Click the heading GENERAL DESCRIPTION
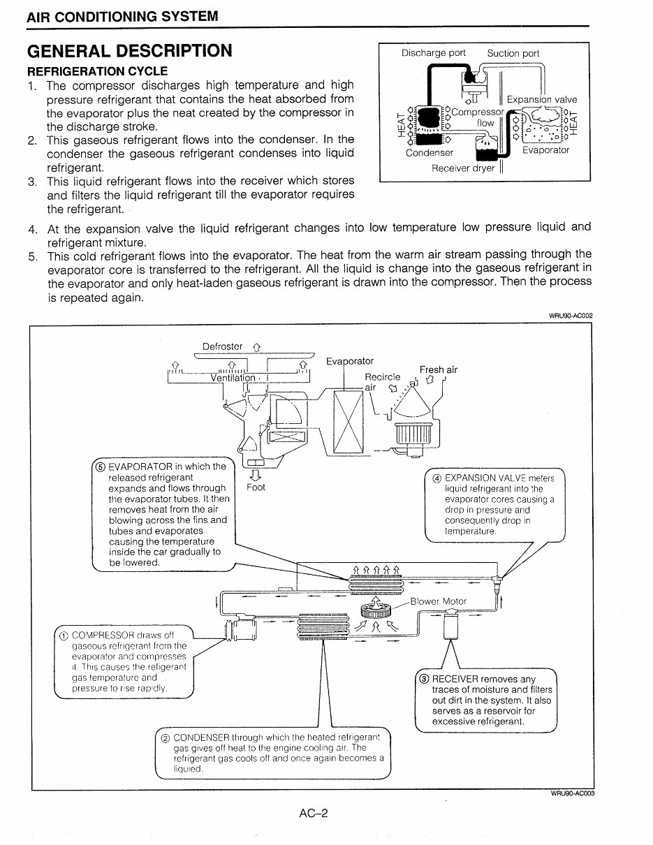[x=130, y=51]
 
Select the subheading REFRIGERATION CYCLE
[x=98, y=71]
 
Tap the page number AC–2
[x=314, y=813]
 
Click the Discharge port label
[x=433, y=53]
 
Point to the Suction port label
[x=513, y=53]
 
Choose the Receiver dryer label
[x=463, y=168]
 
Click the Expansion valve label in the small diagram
[x=542, y=100]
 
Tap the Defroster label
[x=223, y=346]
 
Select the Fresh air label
[x=439, y=370]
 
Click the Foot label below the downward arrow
[x=256, y=487]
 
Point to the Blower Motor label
[x=439, y=601]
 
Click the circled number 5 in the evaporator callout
[x=101, y=466]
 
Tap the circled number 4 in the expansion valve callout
[x=436, y=478]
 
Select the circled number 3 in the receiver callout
[x=424, y=679]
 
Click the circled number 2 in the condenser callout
[x=166, y=737]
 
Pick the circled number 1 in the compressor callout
[x=64, y=635]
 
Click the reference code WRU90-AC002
[x=571, y=316]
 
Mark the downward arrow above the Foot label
[x=256, y=475]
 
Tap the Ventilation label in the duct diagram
[x=233, y=378]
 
